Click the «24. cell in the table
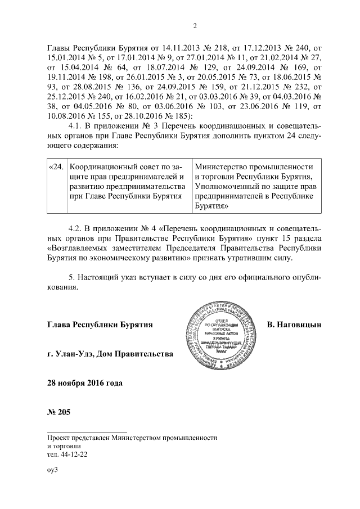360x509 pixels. [56, 167]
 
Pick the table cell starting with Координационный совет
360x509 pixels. [128, 181]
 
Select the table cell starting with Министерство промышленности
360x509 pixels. [256, 186]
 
